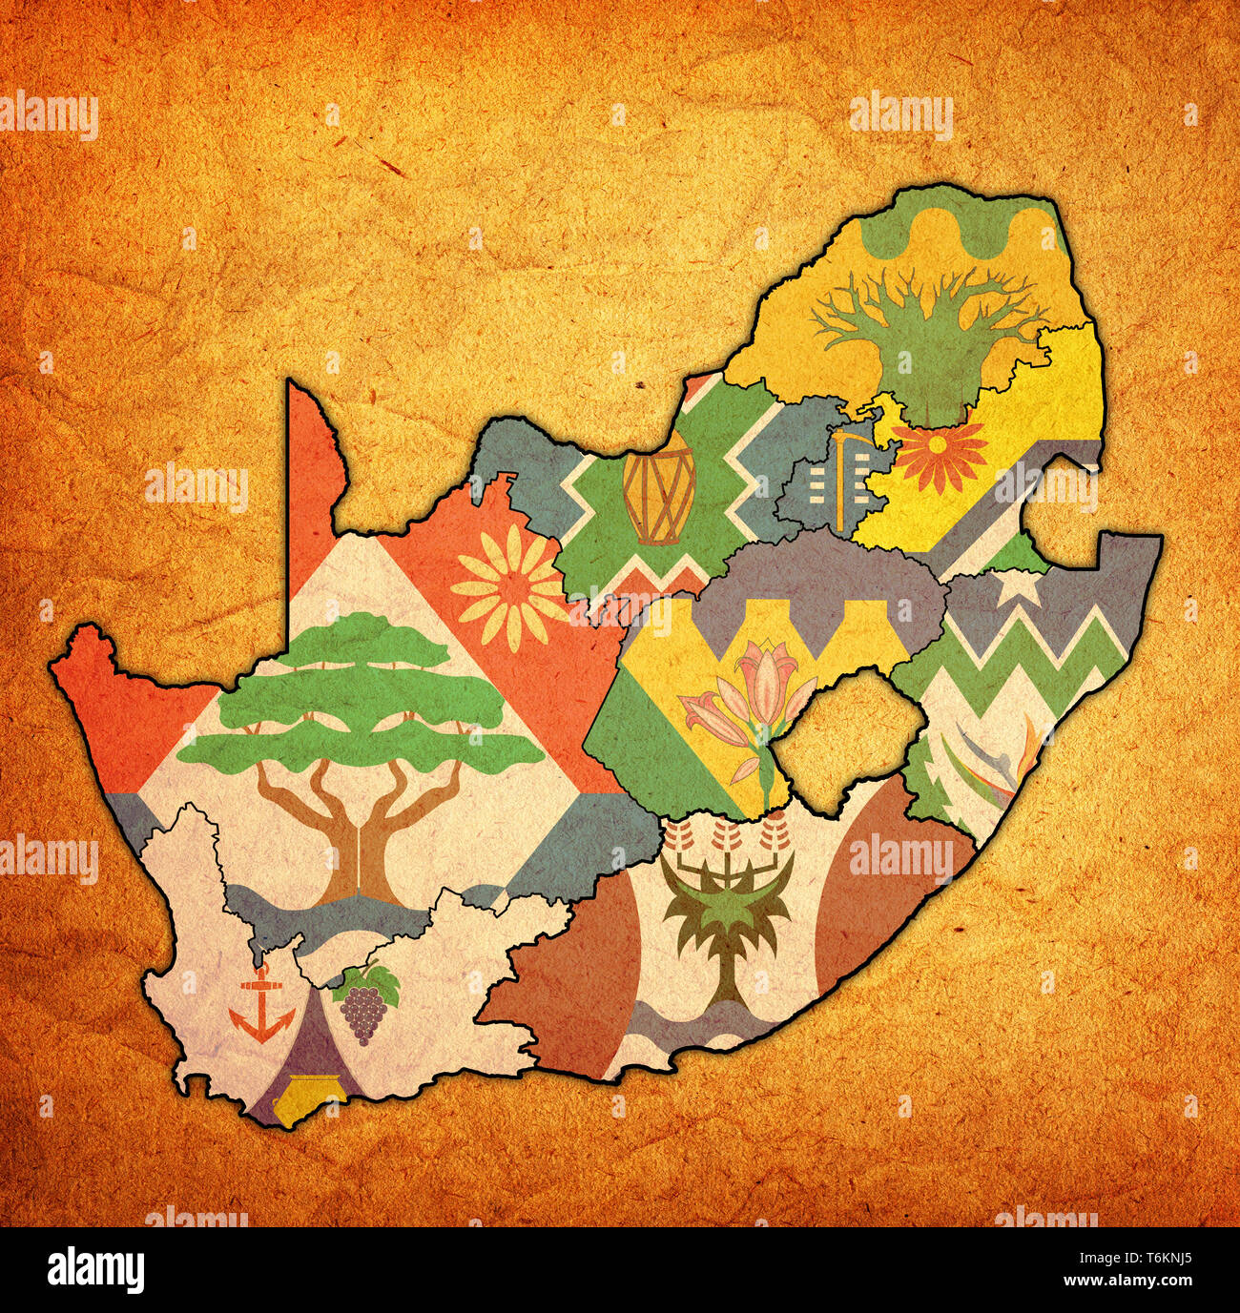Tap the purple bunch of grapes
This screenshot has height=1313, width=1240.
coord(362,1016)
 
